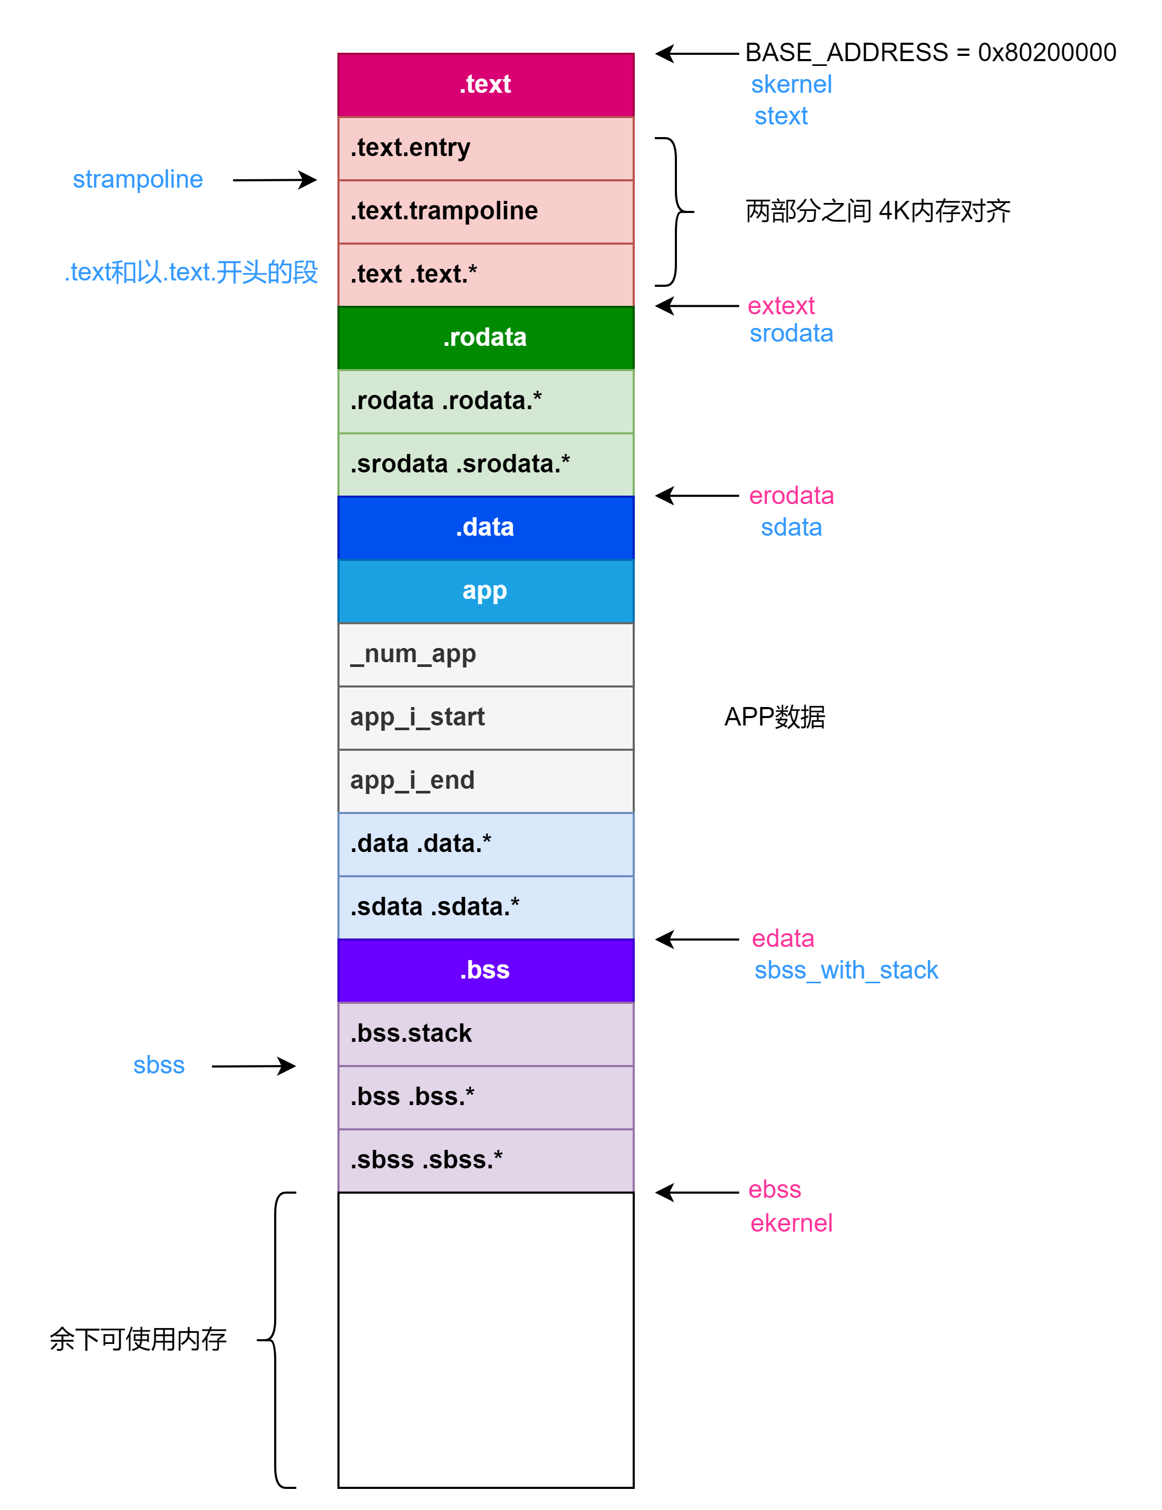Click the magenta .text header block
(x=485, y=84)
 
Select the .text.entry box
(x=485, y=148)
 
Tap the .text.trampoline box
(x=485, y=211)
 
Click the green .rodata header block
(x=485, y=337)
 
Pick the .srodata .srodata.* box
(x=485, y=464)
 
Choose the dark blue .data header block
(x=485, y=528)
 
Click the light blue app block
(x=485, y=591)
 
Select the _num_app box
(x=485, y=654)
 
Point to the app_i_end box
(x=485, y=781)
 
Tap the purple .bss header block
(x=485, y=970)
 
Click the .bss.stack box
(x=485, y=1033)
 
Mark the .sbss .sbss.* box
(x=485, y=1160)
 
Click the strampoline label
(x=138, y=179)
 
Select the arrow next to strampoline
(x=275, y=180)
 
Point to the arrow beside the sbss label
(x=254, y=1066)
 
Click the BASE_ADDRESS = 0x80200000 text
(x=929, y=53)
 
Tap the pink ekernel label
(x=791, y=1223)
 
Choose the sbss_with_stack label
(x=846, y=970)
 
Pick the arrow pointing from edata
(x=697, y=939)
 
